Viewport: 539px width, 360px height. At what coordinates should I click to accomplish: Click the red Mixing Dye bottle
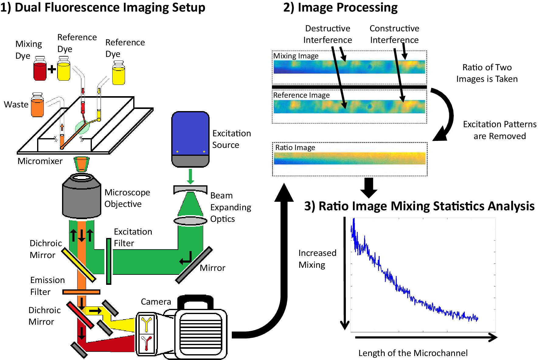40,70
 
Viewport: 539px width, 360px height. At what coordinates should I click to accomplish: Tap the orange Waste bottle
37,107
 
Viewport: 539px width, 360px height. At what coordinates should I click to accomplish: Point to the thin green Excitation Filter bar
109,261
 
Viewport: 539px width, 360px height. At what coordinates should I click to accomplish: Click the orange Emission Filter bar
81,292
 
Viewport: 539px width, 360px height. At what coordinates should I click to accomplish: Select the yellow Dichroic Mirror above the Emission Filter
79,265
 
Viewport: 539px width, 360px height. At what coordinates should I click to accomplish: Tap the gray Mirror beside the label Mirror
194,265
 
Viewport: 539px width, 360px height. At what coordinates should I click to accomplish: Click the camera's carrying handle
195,301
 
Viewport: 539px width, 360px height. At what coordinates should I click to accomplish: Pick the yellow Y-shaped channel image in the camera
146,324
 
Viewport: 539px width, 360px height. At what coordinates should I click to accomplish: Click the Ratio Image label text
295,148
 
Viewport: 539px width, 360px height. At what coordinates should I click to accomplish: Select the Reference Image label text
301,95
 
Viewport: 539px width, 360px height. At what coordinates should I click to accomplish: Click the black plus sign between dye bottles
52,69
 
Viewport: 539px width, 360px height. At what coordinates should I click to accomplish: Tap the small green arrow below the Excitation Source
190,177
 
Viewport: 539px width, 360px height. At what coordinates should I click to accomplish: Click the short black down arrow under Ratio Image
369,187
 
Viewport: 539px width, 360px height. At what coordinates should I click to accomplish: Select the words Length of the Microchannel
413,353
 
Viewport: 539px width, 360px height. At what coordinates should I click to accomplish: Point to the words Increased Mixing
317,259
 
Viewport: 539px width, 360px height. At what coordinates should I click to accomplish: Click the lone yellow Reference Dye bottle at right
118,75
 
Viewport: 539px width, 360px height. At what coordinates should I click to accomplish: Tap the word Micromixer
40,161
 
